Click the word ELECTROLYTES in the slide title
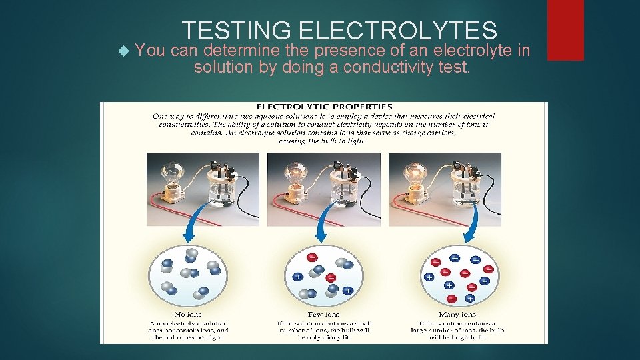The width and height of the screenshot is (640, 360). pyautogui.click(x=398, y=31)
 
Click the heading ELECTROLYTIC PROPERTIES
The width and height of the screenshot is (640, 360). pyautogui.click(x=324, y=106)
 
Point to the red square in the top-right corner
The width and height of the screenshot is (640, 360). pyautogui.click(x=565, y=30)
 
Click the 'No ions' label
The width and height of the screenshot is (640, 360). pyautogui.click(x=188, y=314)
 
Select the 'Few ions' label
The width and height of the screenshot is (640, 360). pyautogui.click(x=325, y=314)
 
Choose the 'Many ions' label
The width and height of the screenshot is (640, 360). pyautogui.click(x=457, y=314)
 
